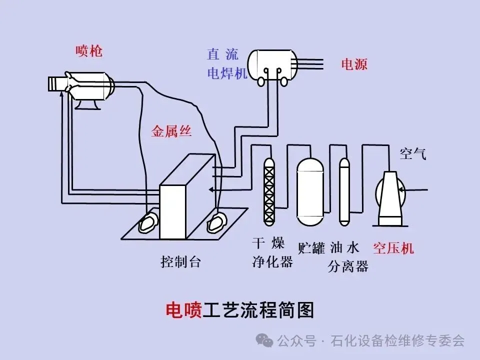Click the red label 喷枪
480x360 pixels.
88,51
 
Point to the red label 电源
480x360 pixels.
354,64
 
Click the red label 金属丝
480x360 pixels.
171,132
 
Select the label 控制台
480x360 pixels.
180,261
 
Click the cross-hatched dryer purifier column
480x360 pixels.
270,190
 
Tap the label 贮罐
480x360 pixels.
311,248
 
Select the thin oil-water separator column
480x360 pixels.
344,190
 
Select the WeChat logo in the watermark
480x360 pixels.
264,340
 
